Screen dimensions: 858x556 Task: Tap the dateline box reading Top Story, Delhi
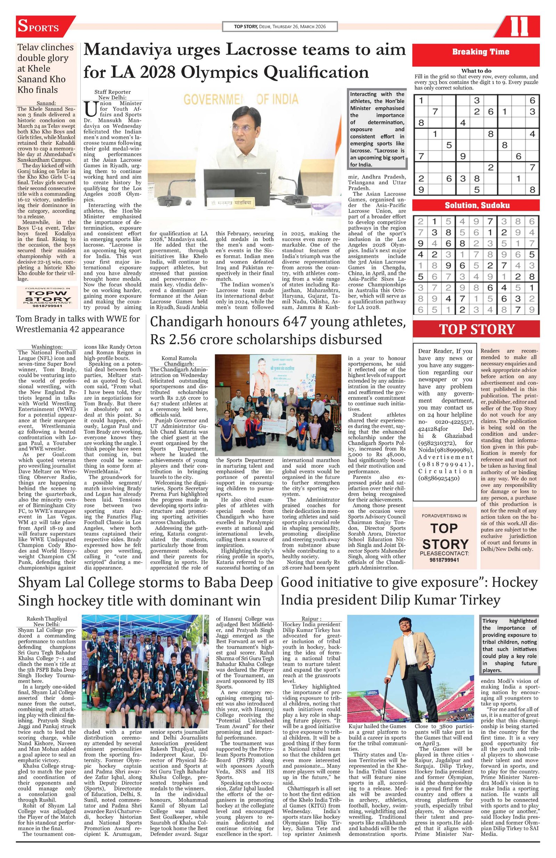pos(279,27)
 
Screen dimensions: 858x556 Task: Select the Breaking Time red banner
pos(476,52)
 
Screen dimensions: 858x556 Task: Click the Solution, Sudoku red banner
pos(476,205)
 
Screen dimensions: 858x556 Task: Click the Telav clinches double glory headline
pos(46,68)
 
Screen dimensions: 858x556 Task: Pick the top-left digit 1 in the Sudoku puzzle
pos(421,100)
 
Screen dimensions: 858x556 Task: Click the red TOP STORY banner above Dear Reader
pos(476,329)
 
